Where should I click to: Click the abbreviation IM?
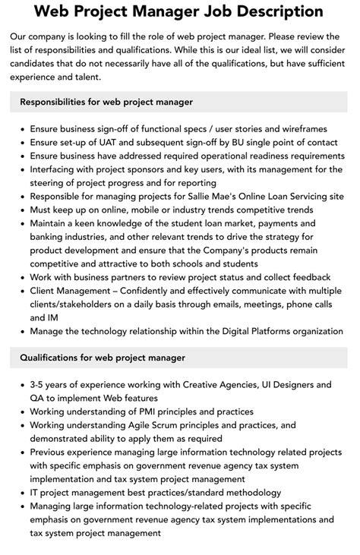point(37,317)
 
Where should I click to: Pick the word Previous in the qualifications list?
point(52,452)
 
